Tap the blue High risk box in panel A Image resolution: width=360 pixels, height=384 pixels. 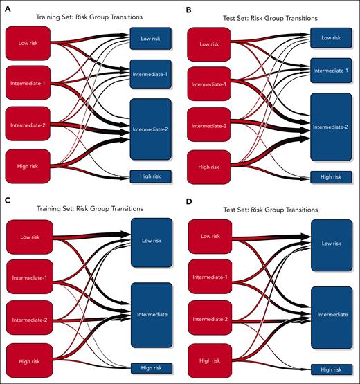pyautogui.click(x=150, y=176)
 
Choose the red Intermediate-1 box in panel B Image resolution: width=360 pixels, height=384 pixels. pyautogui.click(x=209, y=84)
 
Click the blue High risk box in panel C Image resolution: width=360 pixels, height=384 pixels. pyautogui.click(x=150, y=368)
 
